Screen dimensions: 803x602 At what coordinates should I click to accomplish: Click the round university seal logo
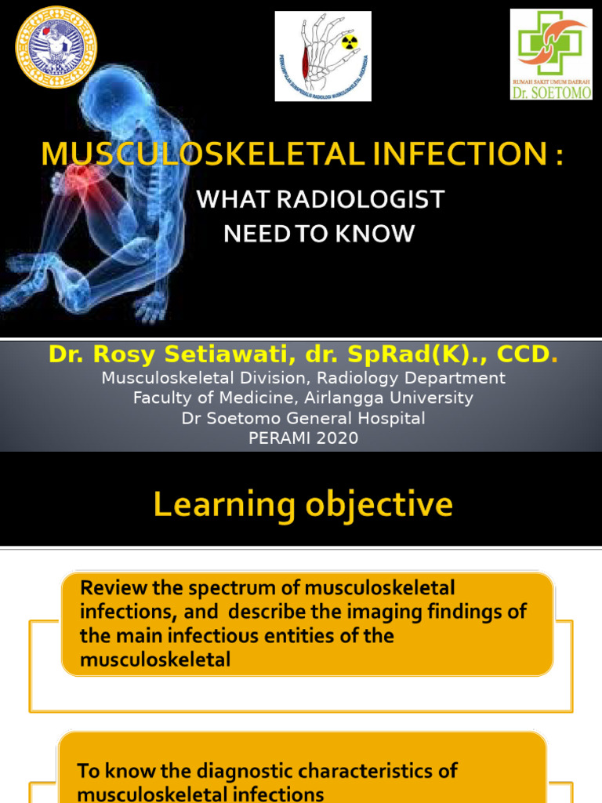(x=56, y=46)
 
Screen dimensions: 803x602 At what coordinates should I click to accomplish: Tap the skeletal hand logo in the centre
(x=322, y=56)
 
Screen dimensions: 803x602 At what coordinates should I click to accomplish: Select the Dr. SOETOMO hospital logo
(x=550, y=54)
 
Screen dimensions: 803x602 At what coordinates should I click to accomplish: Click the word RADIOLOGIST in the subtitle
(x=365, y=200)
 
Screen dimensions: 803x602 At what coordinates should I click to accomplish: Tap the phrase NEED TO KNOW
(x=318, y=234)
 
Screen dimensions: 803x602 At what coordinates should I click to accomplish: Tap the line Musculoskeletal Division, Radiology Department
(x=303, y=378)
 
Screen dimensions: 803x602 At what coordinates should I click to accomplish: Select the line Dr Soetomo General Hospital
(x=303, y=418)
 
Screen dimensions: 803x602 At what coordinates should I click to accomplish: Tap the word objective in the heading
(x=376, y=505)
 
